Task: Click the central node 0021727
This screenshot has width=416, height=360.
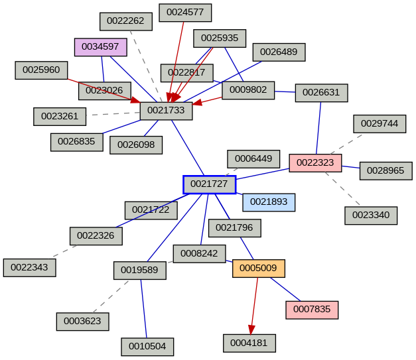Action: (x=210, y=184)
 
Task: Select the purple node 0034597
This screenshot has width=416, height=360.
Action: (x=100, y=46)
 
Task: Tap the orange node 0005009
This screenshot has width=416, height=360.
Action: (x=258, y=269)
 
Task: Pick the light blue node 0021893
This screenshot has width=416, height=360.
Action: (x=269, y=202)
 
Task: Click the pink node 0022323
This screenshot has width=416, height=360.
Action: (x=315, y=162)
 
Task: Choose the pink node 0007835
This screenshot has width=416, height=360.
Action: (x=312, y=310)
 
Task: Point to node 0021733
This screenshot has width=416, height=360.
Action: (x=166, y=111)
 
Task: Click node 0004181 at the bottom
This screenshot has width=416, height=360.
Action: (x=249, y=343)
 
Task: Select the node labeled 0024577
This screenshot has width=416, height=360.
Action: (x=185, y=13)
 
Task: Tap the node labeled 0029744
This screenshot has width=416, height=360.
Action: (x=380, y=124)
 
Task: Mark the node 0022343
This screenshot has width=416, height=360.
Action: (x=29, y=268)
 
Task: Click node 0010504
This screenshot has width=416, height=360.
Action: (x=147, y=347)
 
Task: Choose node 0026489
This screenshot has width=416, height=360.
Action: (x=279, y=52)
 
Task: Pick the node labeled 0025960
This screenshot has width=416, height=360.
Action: (x=41, y=70)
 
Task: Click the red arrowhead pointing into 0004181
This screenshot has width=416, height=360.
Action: (x=251, y=329)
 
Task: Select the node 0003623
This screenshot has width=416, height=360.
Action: (x=82, y=322)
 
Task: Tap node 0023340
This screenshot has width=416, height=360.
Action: (x=371, y=215)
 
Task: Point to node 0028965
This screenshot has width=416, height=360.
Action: (x=385, y=170)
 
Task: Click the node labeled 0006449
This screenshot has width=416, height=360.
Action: (x=253, y=158)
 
